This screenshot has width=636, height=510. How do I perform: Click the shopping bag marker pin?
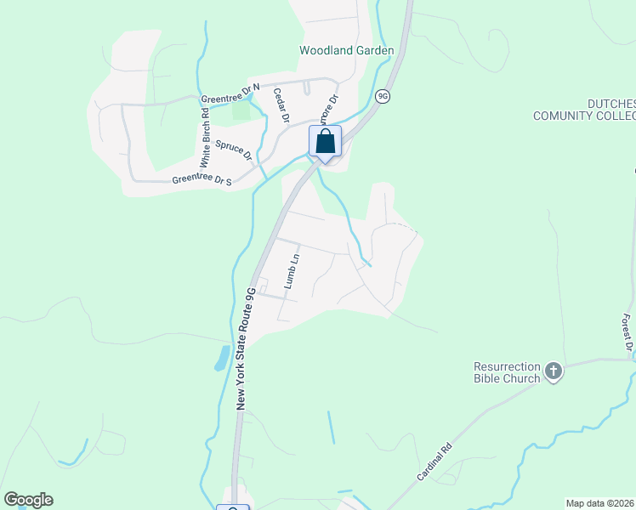coord(326,142)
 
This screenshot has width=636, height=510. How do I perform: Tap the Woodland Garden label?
coord(346,51)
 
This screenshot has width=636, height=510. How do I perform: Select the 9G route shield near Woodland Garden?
coord(383,97)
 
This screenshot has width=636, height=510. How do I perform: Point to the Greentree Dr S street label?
coord(202,180)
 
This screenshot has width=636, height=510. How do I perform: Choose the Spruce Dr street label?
coord(234,151)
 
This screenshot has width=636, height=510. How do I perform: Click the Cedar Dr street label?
coord(281,105)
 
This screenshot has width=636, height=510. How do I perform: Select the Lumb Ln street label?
coord(291,270)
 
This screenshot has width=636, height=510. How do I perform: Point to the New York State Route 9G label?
coord(245,348)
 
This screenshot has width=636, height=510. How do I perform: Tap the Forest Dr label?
coord(627,332)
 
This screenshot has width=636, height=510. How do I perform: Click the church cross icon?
coord(554,371)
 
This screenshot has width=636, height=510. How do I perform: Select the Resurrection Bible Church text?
coord(507,372)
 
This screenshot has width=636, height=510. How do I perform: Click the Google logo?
coord(28,499)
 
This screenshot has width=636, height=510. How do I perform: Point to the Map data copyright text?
coord(599,503)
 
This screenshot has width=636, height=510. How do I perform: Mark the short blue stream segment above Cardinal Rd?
coord(330,428)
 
